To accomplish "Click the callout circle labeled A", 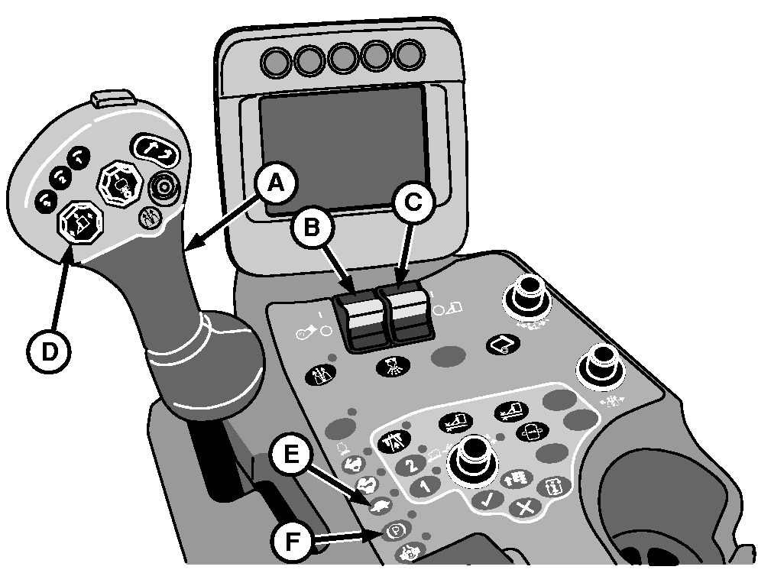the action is [x=276, y=183].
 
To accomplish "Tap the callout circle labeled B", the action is [x=313, y=228].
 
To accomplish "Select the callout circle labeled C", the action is [x=414, y=202].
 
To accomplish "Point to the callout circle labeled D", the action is [x=49, y=352].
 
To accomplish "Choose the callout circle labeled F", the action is [x=290, y=541].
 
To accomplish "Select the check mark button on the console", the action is [x=487, y=500].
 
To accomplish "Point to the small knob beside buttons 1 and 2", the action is [x=471, y=456].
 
